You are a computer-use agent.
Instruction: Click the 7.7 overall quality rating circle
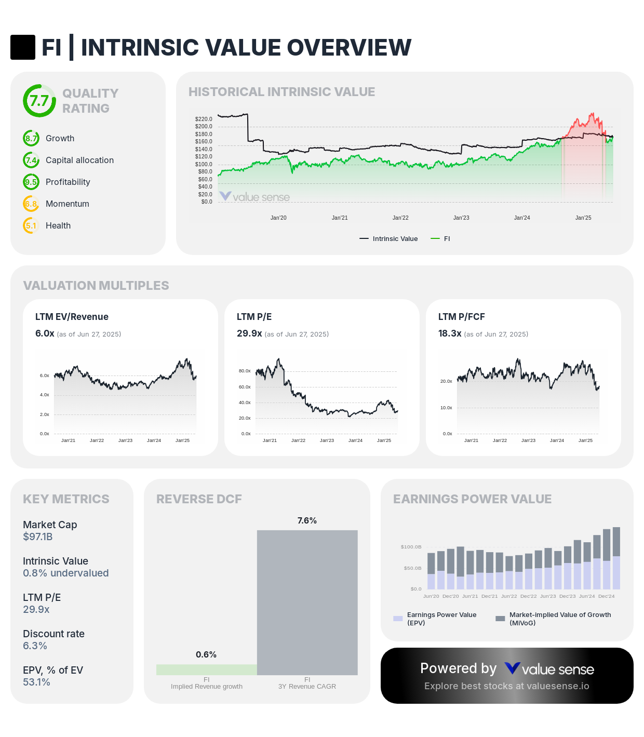pos(39,101)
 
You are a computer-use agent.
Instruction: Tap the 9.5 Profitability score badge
pos(31,182)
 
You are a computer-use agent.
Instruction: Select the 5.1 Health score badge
pos(31,226)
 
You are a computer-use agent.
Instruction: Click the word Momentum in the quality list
pos(68,204)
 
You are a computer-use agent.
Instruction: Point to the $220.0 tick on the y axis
pos(204,119)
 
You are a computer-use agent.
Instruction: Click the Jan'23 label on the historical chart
pos(461,218)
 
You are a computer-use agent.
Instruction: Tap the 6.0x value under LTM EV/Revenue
pos(45,333)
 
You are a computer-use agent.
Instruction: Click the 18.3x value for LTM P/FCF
pos(450,333)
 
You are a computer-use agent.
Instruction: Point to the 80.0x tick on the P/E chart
pos(245,371)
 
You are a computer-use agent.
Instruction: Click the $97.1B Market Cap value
pos(37,537)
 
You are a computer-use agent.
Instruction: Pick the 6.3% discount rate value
pos(35,646)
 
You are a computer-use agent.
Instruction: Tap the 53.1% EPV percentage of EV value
pos(36,682)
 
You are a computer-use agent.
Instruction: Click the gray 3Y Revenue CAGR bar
pos(307,602)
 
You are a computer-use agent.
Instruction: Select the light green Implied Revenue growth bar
pos(206,670)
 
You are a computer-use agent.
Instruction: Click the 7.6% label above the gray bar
pos(307,521)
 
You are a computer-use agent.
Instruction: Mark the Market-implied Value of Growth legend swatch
pos(500,619)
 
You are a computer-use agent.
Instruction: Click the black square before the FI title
pos(23,47)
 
